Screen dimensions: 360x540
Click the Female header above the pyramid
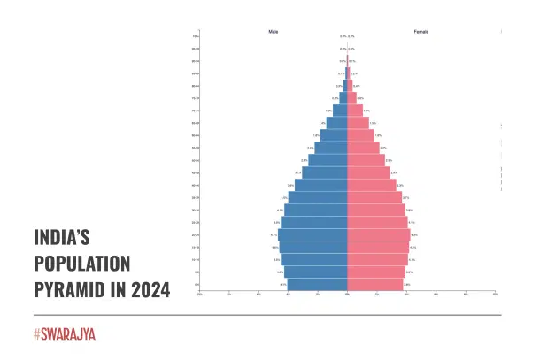pyautogui.click(x=422, y=31)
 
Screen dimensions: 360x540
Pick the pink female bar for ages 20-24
pyautogui.click(x=378, y=235)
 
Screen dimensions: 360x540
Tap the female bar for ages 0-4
pyautogui.click(x=375, y=285)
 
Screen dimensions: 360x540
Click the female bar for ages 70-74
pyautogui.click(x=355, y=111)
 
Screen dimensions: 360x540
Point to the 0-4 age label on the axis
pyautogui.click(x=196, y=285)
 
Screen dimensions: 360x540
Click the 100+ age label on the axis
pyautogui.click(x=196, y=36)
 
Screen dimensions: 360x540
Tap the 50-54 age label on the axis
pyautogui.click(x=196, y=160)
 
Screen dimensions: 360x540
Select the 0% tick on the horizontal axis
pyautogui.click(x=347, y=295)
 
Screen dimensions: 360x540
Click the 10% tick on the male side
pyautogui.click(x=200, y=295)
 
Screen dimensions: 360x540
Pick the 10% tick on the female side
pyautogui.click(x=495, y=295)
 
